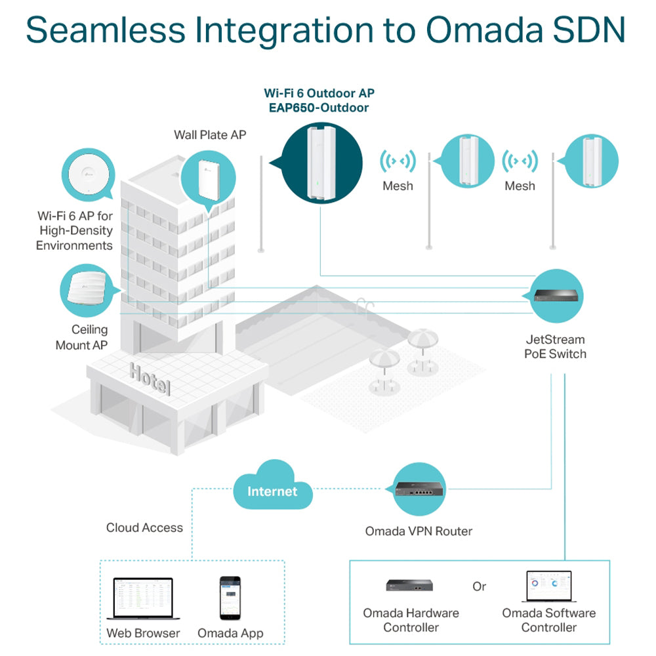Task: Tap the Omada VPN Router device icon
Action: pos(420,489)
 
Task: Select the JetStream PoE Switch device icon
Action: pos(556,296)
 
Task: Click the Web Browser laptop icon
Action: pos(143,598)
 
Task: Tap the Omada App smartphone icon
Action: pos(230,598)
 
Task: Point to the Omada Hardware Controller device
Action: pos(409,585)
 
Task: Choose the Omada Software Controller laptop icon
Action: pos(549,586)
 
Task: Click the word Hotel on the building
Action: pos(150,379)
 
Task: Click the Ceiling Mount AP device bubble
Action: pos(87,291)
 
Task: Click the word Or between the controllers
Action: pos(479,586)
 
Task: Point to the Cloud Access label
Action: pos(144,527)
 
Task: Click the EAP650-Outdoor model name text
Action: pos(319,108)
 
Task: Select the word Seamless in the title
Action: pos(106,30)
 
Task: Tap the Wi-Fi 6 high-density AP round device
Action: pos(89,174)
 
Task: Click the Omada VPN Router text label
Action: pos(419,531)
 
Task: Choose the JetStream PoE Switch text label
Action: pos(555,347)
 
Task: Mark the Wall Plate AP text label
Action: pos(210,134)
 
